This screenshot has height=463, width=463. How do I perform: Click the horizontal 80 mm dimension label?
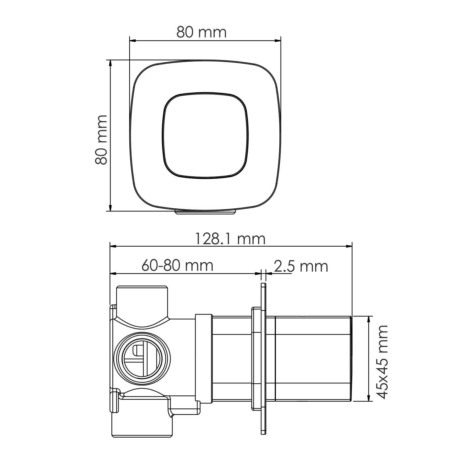pos(201,32)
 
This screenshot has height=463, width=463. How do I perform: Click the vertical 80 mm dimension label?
pos(101,140)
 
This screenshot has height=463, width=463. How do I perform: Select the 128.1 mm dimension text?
pos(230,239)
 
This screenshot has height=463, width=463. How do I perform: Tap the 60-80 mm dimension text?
pos(177,265)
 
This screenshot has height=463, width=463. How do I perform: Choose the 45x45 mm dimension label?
pos(382,362)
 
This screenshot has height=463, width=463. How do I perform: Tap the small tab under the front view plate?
pos(205,212)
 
